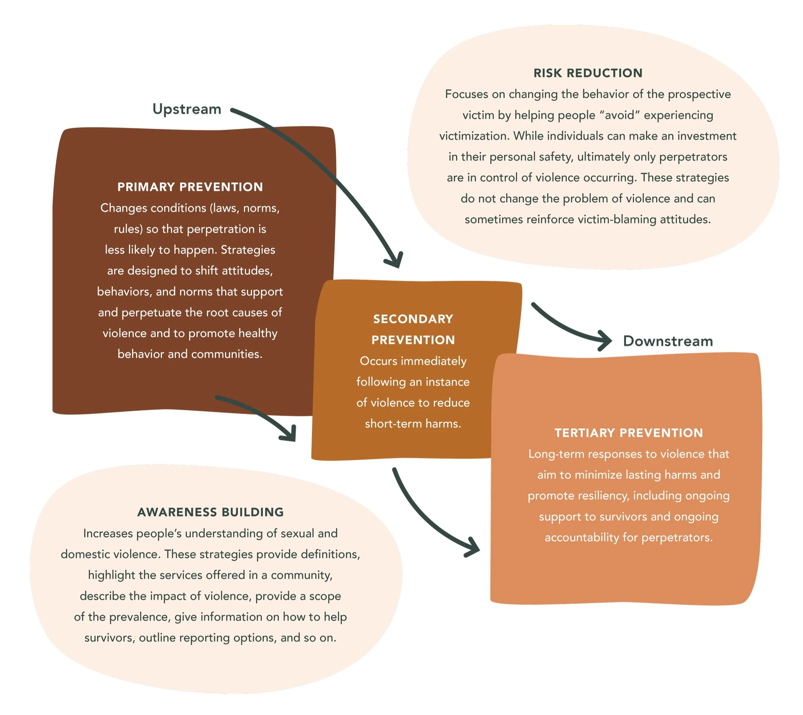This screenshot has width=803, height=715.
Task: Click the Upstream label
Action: (187, 109)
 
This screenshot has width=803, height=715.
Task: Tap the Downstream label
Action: (668, 341)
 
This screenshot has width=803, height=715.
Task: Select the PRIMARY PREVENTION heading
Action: (190, 187)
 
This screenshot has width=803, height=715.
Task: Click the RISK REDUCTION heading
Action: (588, 73)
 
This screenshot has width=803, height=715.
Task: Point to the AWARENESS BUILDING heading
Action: (211, 512)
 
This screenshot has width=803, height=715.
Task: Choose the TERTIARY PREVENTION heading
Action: (629, 433)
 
